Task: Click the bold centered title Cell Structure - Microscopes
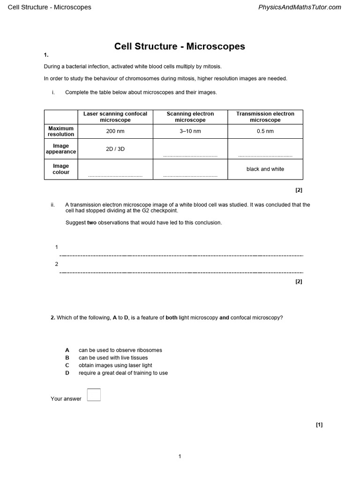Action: point(180,46)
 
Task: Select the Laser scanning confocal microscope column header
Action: point(115,117)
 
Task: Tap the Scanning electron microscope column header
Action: point(190,117)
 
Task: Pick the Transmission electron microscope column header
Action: point(265,117)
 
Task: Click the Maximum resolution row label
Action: point(61,131)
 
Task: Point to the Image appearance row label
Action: point(61,149)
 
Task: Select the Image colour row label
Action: point(61,169)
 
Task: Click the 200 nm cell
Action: point(115,131)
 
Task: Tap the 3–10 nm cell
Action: point(190,131)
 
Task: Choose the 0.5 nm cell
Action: point(265,131)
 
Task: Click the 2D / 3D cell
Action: point(115,149)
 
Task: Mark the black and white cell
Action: point(265,169)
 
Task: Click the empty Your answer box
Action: point(94,395)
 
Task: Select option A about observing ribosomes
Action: point(120,350)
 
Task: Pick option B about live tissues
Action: point(113,358)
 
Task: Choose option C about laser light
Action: point(115,365)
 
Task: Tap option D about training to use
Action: point(123,373)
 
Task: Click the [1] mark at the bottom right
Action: point(319,425)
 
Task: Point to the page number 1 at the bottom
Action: point(180,457)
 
